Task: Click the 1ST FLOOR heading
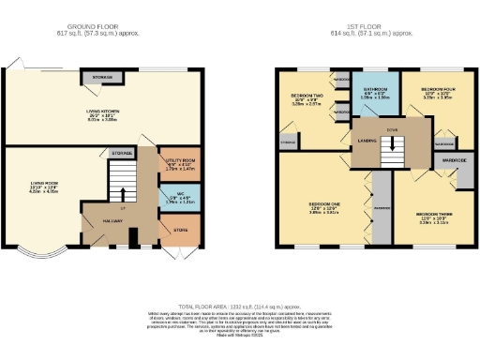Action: click(x=376, y=27)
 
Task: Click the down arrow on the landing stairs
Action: click(x=384, y=143)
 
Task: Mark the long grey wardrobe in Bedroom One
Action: click(x=381, y=206)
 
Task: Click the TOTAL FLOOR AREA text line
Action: click(x=239, y=306)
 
